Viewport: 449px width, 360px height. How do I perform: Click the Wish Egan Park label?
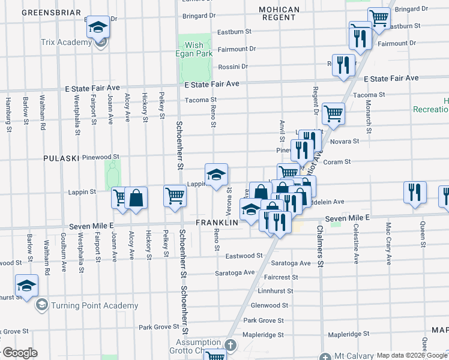click(x=194, y=50)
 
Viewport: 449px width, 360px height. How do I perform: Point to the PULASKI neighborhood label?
click(x=61, y=158)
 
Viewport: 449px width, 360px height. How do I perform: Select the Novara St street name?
click(x=345, y=141)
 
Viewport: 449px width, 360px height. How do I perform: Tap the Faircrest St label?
click(x=277, y=277)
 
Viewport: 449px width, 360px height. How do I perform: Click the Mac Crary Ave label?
click(x=388, y=244)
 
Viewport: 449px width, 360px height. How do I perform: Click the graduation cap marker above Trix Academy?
click(x=98, y=26)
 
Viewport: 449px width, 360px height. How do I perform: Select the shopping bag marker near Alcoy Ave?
click(x=136, y=198)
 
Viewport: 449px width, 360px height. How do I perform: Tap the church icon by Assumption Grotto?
click(x=231, y=345)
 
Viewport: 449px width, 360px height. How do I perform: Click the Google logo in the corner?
click(x=20, y=353)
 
